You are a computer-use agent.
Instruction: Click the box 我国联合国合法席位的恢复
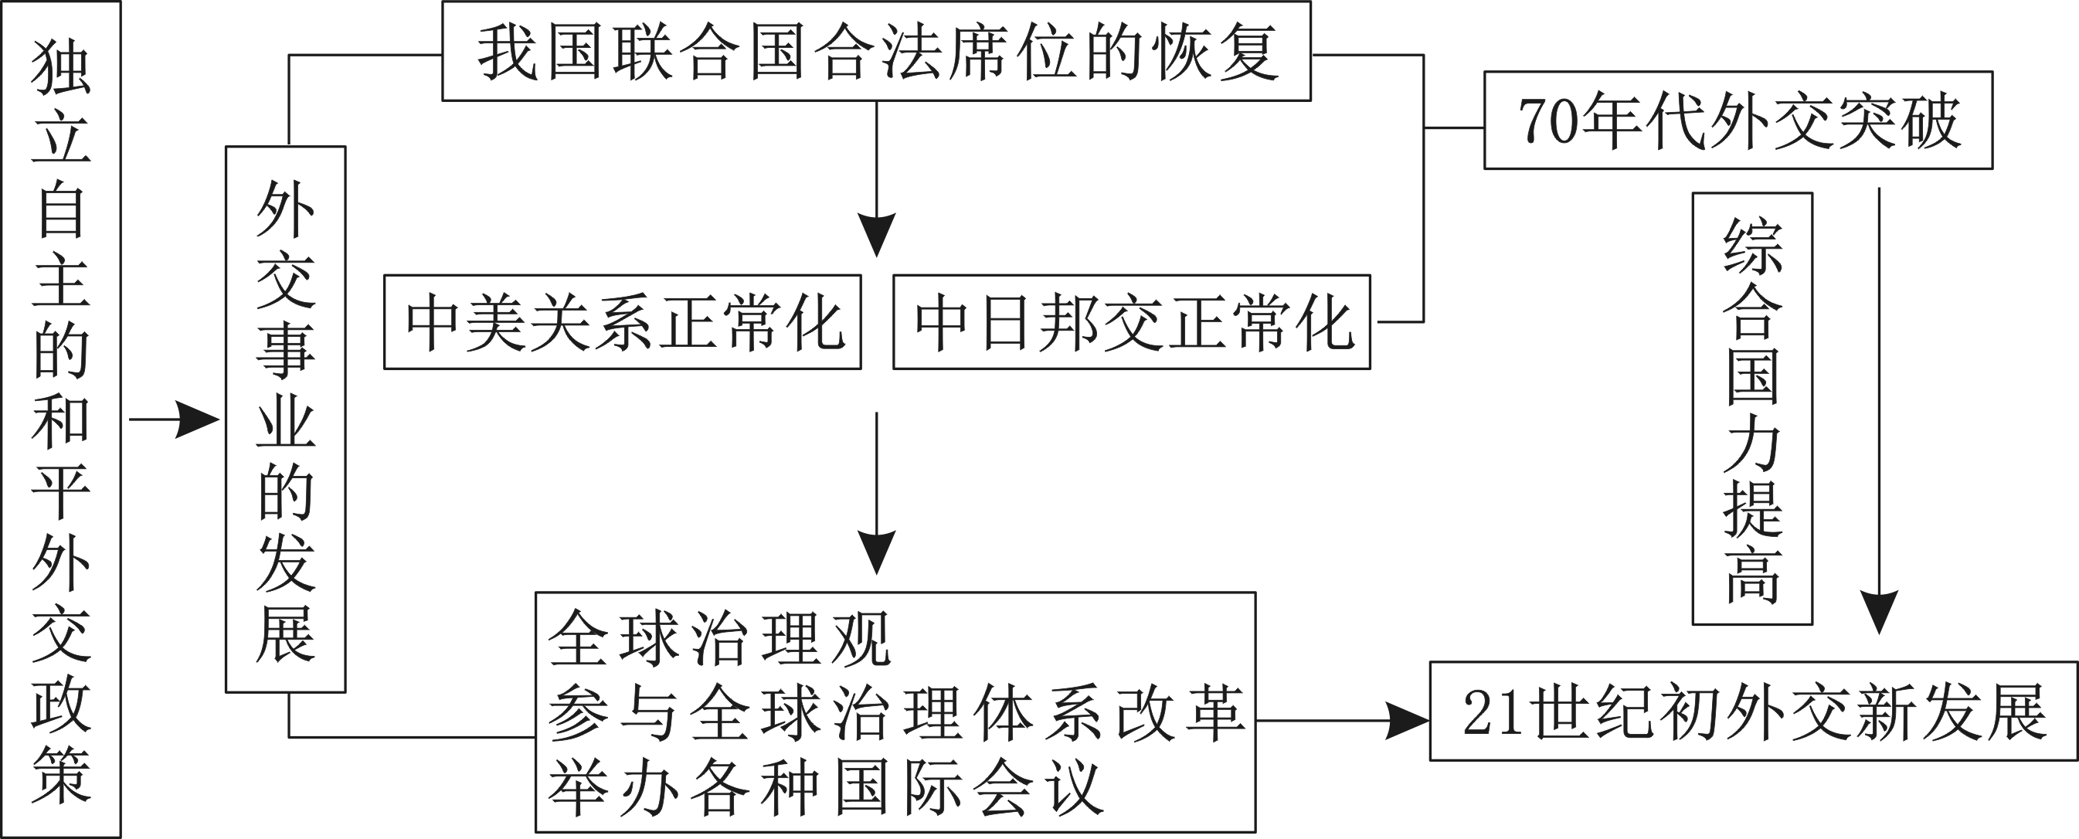(875, 52)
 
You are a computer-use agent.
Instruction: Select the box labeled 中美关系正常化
(622, 323)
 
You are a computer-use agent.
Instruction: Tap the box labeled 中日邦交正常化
(1132, 323)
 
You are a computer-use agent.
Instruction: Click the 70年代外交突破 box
(1738, 121)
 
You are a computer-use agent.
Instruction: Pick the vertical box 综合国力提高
(1752, 409)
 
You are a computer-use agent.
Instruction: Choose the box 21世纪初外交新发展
(1754, 712)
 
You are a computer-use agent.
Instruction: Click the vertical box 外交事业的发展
(286, 419)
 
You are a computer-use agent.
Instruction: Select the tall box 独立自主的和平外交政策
(60, 419)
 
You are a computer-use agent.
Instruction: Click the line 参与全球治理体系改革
(896, 713)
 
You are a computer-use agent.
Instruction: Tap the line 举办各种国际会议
(825, 787)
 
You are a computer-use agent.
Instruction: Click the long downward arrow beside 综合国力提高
(1880, 412)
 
